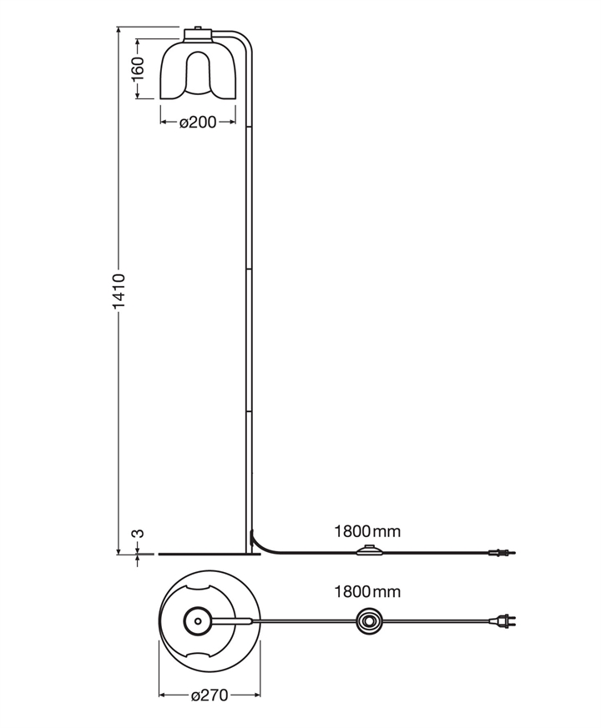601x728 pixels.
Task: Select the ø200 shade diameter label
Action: [198, 123]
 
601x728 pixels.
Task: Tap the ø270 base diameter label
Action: [209, 695]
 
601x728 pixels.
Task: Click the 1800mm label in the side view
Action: [367, 531]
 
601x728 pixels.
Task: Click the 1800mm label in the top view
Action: [367, 592]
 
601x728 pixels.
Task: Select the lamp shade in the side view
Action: [198, 71]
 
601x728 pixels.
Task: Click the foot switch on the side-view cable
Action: [368, 550]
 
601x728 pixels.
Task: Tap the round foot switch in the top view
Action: [369, 620]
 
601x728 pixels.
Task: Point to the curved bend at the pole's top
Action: [244, 42]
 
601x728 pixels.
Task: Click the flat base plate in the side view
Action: [205, 552]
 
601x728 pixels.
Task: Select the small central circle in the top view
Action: [197, 620]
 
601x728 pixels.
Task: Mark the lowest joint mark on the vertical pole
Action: [248, 411]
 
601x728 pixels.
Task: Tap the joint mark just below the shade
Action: [248, 127]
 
